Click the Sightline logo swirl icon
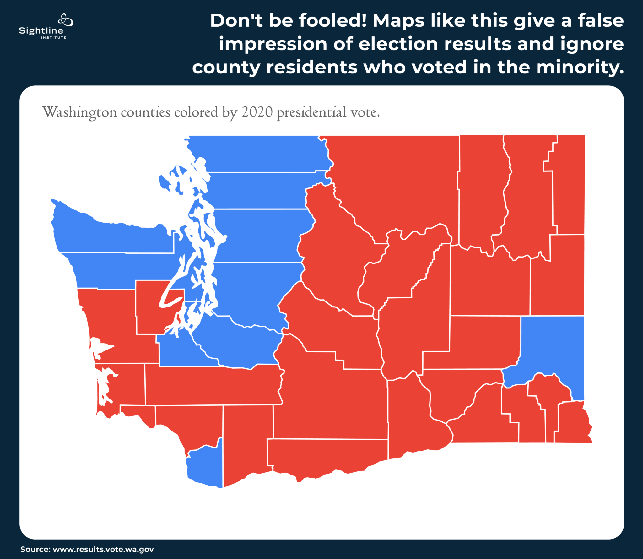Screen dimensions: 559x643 65,20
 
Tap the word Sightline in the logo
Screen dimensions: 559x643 41,31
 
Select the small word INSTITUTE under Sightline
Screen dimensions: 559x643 54,37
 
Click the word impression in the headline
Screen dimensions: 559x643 273,44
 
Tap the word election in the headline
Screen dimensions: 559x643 398,44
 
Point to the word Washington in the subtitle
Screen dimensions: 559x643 79,112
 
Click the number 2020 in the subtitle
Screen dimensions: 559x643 257,112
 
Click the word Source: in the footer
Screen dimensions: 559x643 35,549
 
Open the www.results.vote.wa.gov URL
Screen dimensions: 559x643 103,549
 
